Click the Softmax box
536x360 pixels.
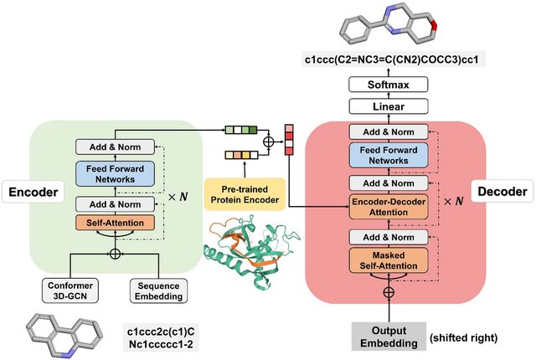(x=388, y=85)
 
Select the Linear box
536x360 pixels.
(x=388, y=106)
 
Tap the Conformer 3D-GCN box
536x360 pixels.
(x=70, y=291)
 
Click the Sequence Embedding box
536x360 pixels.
(x=158, y=291)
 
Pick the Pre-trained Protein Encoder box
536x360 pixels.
(x=245, y=194)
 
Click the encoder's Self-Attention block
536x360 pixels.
(x=115, y=223)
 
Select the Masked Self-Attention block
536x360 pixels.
(x=389, y=260)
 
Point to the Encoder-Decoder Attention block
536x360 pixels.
(x=389, y=207)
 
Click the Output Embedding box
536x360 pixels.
(x=389, y=337)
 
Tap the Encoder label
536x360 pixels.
(x=33, y=192)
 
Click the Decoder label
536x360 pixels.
(x=502, y=191)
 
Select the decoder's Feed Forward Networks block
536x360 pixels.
(x=389, y=155)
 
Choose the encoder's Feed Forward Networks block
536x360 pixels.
(x=115, y=174)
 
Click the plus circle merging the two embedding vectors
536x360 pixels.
(x=269, y=141)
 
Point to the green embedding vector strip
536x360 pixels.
(x=241, y=130)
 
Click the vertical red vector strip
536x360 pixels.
(x=289, y=140)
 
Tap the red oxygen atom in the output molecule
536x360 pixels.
(x=434, y=24)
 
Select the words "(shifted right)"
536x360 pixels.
(x=463, y=337)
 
